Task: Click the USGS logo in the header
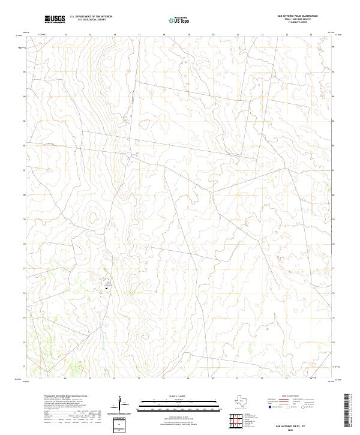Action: [55, 19]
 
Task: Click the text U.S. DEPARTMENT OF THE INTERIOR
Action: [91, 17]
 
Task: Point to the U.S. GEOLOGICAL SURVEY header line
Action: [91, 20]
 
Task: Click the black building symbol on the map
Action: [107, 289]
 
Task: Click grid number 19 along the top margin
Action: [188, 35]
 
